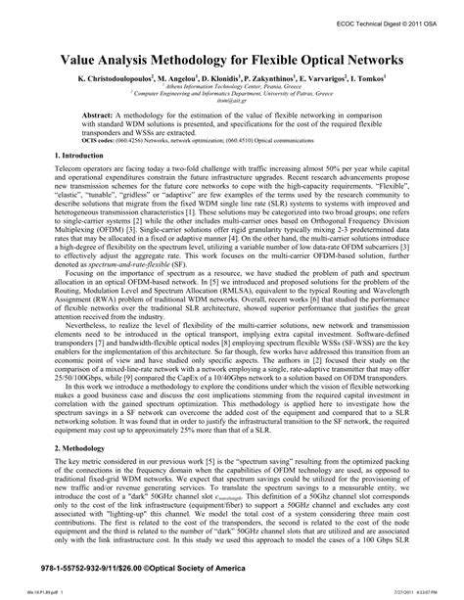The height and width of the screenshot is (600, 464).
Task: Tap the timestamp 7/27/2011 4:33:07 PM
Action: click(x=424, y=591)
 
